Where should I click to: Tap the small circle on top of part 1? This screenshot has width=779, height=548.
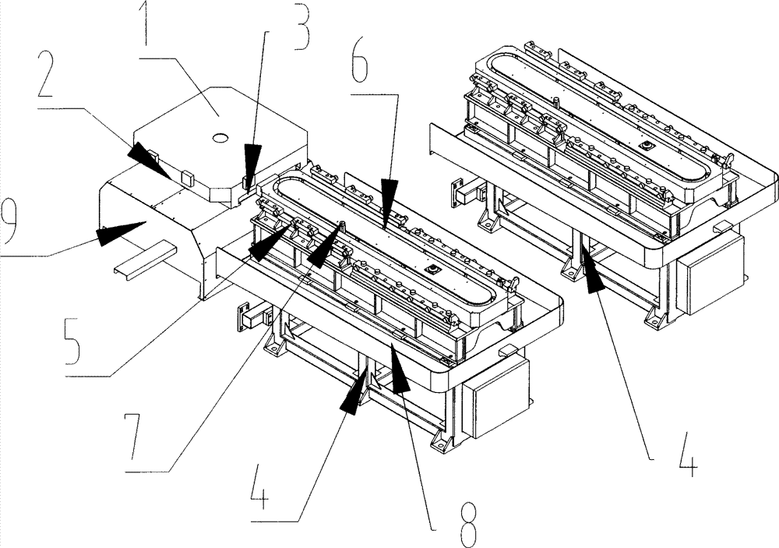click(x=220, y=137)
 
